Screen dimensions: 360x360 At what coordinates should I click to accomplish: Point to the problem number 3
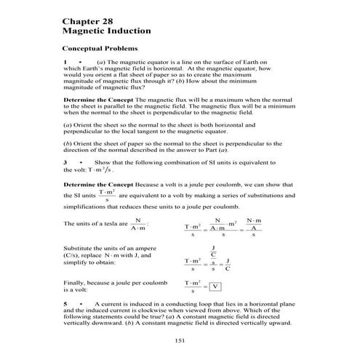pyautogui.click(x=65, y=161)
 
